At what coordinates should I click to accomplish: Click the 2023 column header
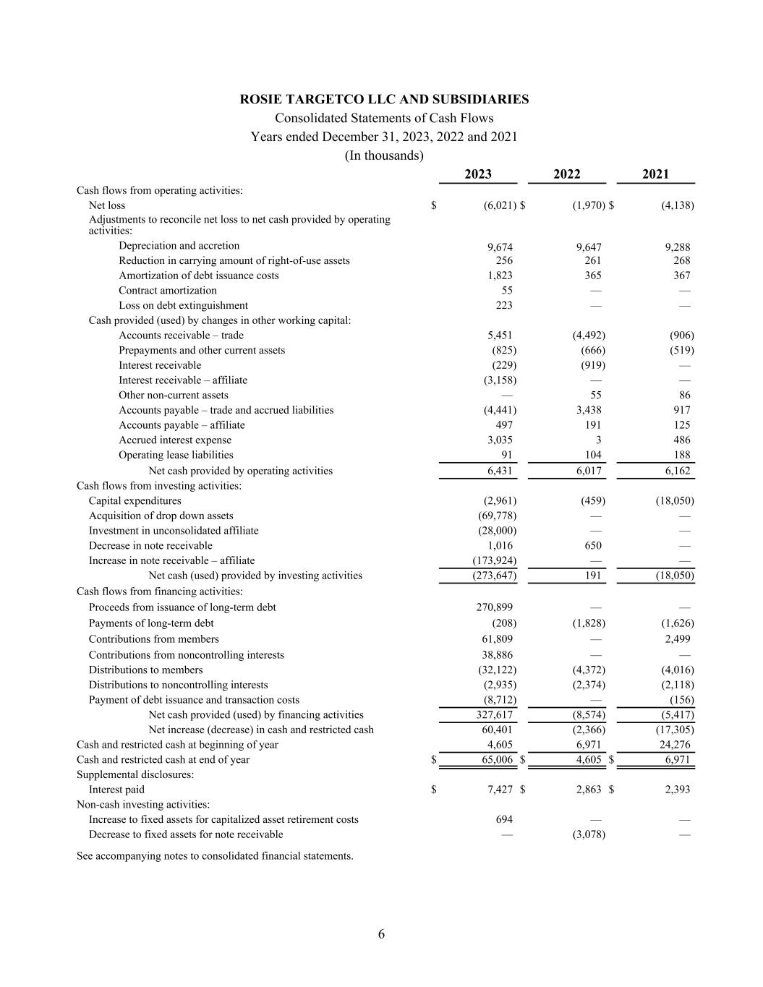[x=477, y=174]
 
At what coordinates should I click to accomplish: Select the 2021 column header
[x=655, y=174]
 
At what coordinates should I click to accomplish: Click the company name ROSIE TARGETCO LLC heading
[x=384, y=99]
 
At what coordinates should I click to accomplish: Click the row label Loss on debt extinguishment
[x=183, y=305]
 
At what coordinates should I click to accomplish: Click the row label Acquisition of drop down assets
[x=161, y=516]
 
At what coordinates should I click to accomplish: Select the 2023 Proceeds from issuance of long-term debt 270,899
[x=494, y=607]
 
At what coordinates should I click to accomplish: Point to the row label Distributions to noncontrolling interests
[x=178, y=685]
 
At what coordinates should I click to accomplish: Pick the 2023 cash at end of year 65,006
[x=497, y=760]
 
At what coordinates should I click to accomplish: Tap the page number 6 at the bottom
[x=381, y=934]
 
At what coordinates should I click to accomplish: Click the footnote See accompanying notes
[x=215, y=856]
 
